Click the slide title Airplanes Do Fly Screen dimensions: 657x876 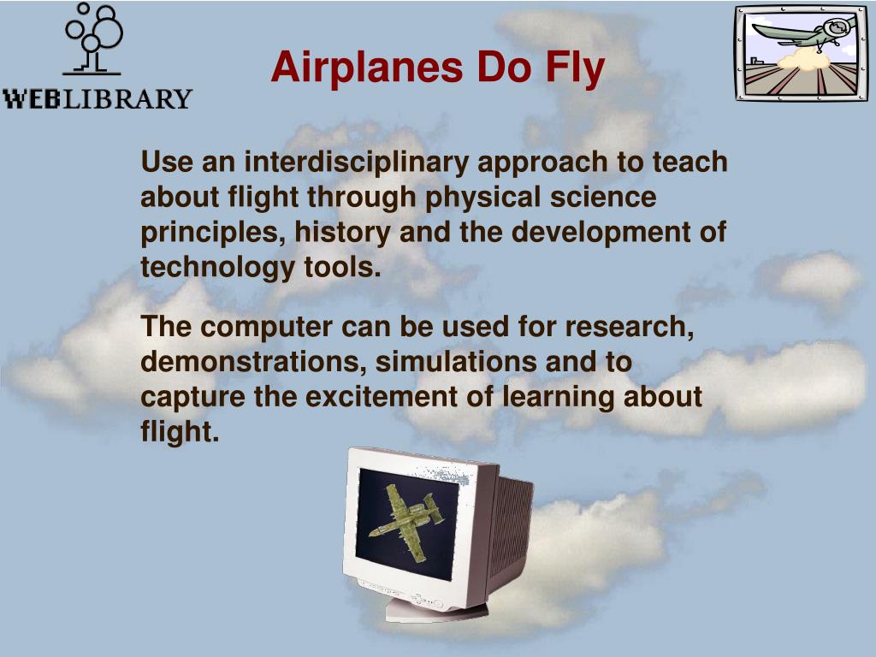tap(437, 68)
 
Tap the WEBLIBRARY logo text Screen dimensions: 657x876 tap(98, 98)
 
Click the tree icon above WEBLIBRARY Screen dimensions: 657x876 tap(92, 38)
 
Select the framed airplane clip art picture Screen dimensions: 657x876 tap(800, 53)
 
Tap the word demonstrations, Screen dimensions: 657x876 tap(254, 362)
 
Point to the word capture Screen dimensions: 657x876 tap(192, 398)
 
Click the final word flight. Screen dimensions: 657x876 tap(180, 432)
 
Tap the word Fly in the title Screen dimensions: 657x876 tap(571, 68)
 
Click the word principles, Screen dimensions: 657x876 tap(213, 233)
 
